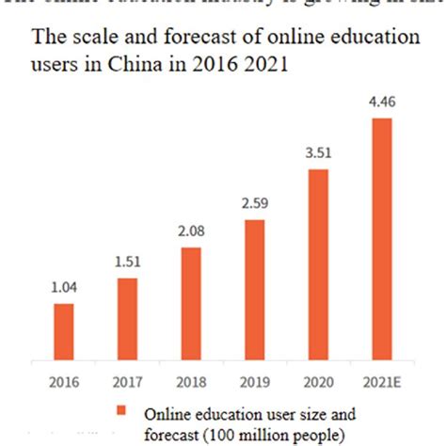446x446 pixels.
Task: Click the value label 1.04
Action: [64, 292]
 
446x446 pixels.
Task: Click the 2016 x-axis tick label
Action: [64, 382]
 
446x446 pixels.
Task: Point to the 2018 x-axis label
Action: [191, 382]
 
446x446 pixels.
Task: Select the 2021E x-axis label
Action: [381, 382]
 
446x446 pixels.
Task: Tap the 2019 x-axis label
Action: [255, 382]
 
